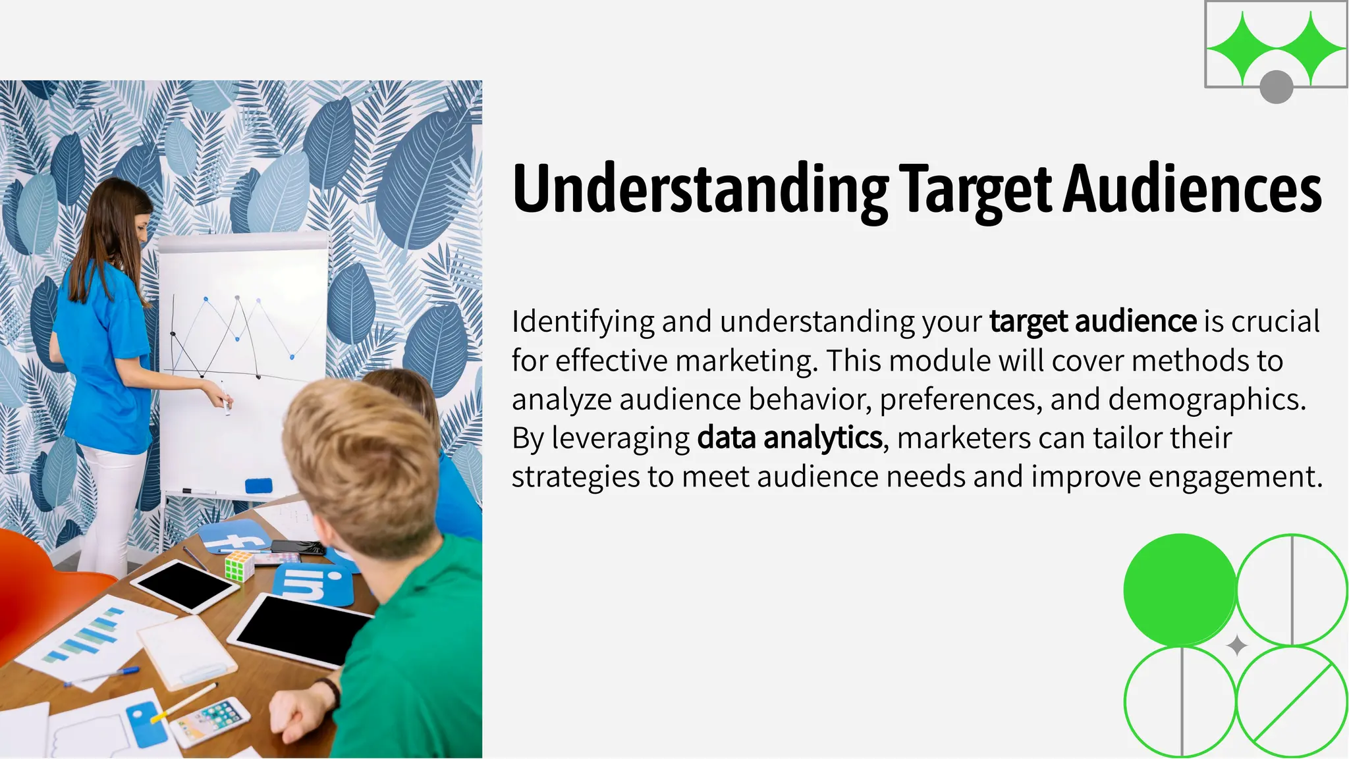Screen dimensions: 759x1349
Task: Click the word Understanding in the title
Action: (x=700, y=190)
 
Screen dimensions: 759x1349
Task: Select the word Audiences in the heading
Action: (x=1192, y=190)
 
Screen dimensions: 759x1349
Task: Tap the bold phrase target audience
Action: (x=1092, y=321)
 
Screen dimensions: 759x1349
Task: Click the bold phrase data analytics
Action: (x=789, y=438)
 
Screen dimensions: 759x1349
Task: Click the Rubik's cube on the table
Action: (x=239, y=565)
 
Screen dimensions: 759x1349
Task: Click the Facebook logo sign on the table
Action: (x=234, y=536)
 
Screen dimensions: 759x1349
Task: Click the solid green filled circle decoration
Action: (x=1179, y=589)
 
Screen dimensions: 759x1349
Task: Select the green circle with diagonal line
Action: (x=1291, y=702)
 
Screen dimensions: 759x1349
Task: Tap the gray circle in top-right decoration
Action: (x=1276, y=87)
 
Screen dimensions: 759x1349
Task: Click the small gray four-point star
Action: (x=1237, y=646)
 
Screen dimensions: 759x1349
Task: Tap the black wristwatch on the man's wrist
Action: (x=329, y=690)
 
